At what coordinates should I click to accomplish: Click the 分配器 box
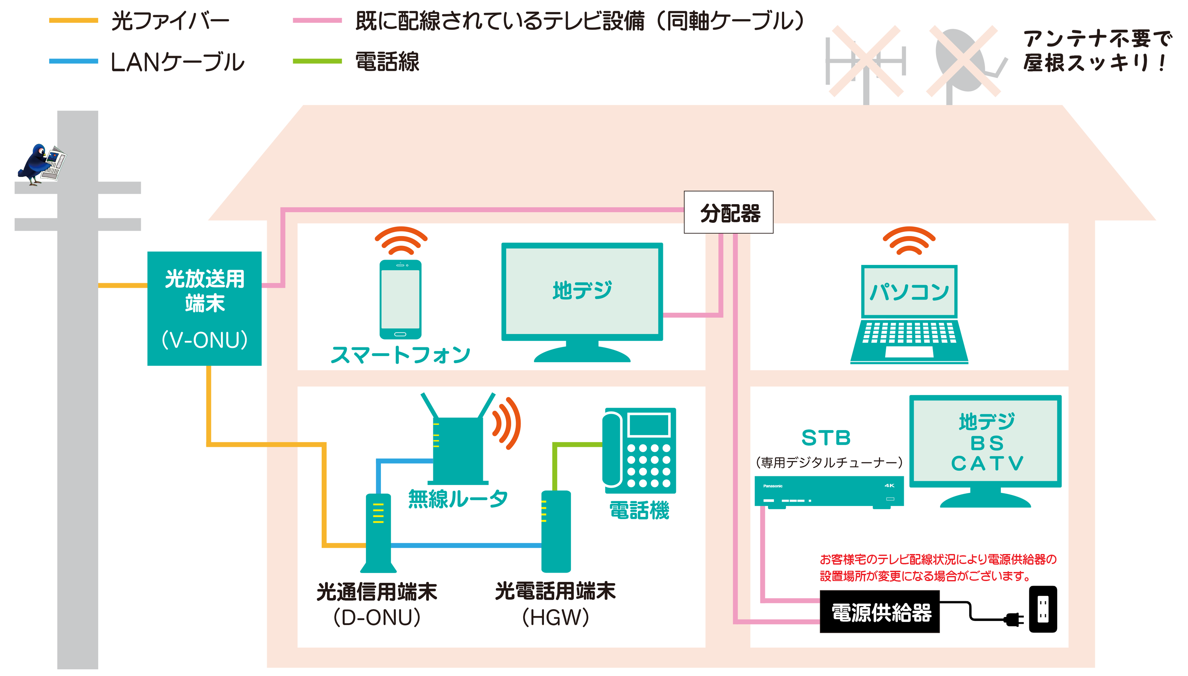728,213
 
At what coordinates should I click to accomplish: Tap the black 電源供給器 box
879,612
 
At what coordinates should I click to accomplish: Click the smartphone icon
400,300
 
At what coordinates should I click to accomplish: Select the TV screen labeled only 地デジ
582,291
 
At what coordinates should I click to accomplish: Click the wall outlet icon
1043,609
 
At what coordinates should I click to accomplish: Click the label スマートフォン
400,355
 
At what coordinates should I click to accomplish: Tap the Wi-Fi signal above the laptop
908,240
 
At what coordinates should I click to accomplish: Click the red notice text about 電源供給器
938,567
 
